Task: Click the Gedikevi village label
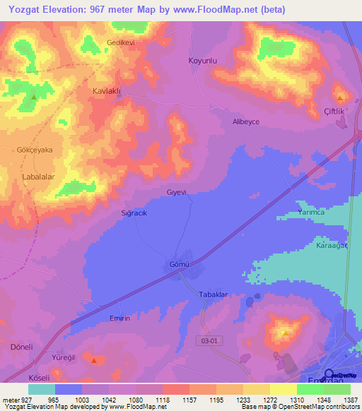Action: tap(119, 42)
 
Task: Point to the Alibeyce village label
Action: tap(246, 121)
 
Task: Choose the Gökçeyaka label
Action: tap(35, 150)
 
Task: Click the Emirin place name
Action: tap(119, 318)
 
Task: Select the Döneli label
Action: tap(22, 347)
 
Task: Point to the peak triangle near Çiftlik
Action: tap(341, 97)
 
